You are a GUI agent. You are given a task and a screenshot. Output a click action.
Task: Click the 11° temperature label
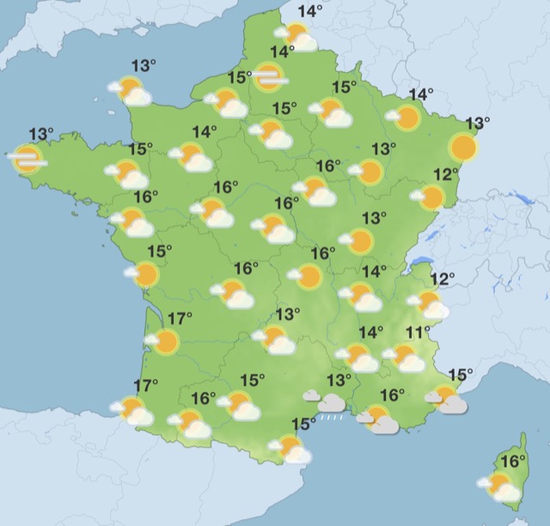[419, 333]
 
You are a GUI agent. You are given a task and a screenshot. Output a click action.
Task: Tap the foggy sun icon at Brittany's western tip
[27, 158]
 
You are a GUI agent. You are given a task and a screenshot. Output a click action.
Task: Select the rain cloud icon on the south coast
[332, 401]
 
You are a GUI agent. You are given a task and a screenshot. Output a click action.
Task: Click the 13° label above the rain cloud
[339, 380]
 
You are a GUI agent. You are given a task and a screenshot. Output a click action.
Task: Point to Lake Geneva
[420, 262]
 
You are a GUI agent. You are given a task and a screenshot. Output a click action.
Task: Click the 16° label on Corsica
[513, 462]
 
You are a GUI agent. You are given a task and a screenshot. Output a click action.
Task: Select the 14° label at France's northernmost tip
[309, 11]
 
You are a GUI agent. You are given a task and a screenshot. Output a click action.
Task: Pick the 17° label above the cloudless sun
[180, 320]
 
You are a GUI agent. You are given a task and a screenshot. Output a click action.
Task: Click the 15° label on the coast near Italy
[461, 374]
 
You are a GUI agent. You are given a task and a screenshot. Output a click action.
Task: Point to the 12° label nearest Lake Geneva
[443, 279]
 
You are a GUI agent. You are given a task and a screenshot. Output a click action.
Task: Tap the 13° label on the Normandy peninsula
[144, 65]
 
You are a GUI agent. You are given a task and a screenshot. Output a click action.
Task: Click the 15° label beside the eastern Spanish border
[303, 423]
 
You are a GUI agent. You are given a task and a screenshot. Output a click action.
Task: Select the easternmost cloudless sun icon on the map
[464, 147]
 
